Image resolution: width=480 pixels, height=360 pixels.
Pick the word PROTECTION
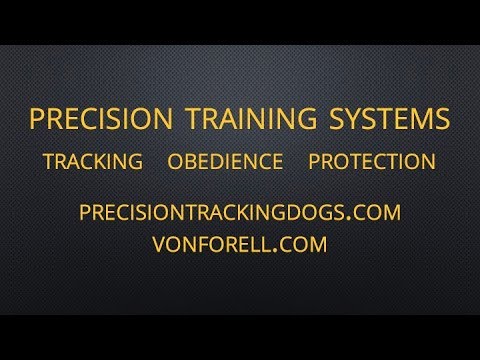(x=371, y=162)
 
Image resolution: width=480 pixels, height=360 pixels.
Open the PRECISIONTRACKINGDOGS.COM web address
(x=239, y=212)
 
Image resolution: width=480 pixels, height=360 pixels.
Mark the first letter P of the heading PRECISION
(x=37, y=119)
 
